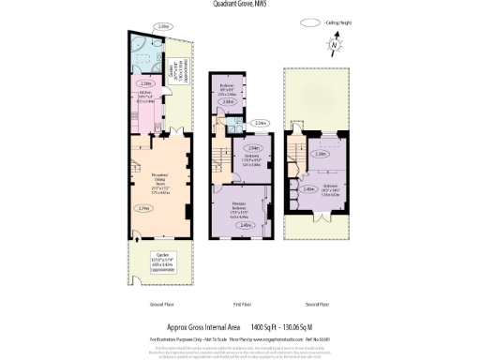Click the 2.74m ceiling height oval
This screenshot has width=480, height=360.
click(142, 208)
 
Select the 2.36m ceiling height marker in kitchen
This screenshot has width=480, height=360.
click(146, 82)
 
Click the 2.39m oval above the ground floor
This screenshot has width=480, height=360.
click(163, 27)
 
